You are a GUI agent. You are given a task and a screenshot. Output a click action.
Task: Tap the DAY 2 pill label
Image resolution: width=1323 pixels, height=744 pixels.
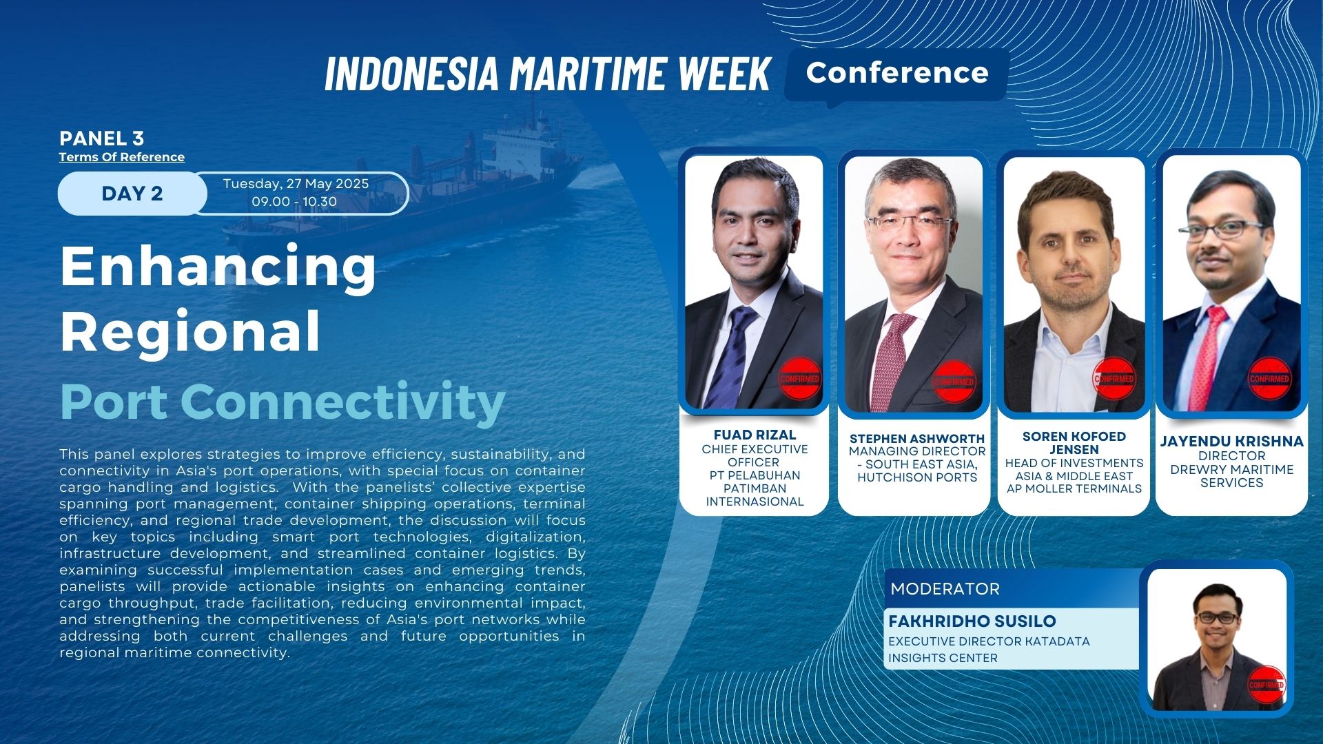132,194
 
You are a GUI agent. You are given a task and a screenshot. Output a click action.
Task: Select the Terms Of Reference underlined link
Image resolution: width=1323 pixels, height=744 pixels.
122,157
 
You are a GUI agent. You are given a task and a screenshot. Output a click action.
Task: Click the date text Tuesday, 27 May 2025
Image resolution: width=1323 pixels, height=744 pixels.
296,184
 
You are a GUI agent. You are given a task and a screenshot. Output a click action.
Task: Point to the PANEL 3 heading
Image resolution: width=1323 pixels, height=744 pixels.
101,138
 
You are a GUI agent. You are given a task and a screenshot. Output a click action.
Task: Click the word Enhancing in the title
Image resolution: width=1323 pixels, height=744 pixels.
218,268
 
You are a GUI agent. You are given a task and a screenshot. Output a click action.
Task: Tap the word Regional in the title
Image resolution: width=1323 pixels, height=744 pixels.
191,332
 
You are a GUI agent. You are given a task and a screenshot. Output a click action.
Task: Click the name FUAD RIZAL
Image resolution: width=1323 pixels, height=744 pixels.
755,435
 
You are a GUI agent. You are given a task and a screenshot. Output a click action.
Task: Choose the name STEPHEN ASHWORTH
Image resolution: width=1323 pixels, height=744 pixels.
917,439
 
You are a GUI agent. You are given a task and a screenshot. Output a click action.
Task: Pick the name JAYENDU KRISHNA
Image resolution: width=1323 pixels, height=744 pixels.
1232,442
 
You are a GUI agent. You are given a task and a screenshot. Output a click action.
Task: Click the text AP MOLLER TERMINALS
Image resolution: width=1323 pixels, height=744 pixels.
1074,489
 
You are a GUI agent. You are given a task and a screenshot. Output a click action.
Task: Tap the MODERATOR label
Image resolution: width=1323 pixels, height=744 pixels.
945,589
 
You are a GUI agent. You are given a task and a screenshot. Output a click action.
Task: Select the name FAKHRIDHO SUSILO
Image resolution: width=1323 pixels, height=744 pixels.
972,621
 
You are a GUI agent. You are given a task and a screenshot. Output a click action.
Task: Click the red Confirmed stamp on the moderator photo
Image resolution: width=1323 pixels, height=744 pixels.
1266,684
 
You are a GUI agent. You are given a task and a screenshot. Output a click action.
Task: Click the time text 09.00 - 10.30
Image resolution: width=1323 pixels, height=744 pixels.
294,202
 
